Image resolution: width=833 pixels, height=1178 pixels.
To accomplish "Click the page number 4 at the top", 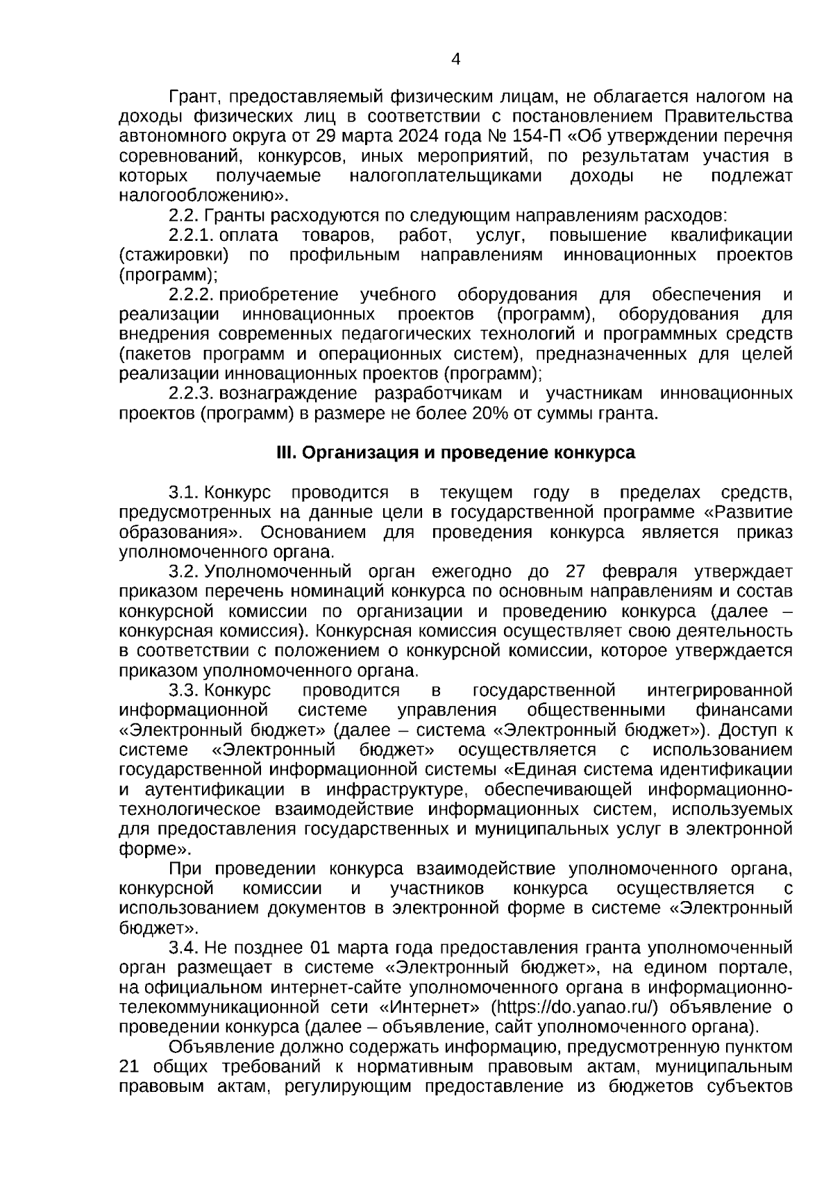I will [455, 59].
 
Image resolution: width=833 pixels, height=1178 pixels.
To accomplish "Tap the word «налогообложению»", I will [202, 196].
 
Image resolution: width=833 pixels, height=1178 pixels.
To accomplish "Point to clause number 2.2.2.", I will [190, 295].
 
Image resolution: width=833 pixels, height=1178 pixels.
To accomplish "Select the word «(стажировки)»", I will [174, 255].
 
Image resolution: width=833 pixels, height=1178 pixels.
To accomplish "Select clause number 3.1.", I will [184, 493].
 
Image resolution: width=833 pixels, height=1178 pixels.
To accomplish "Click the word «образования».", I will [177, 532].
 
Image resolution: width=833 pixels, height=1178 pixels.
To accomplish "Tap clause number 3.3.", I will [184, 691].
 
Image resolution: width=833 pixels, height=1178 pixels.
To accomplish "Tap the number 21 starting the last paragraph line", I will [130, 1067].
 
